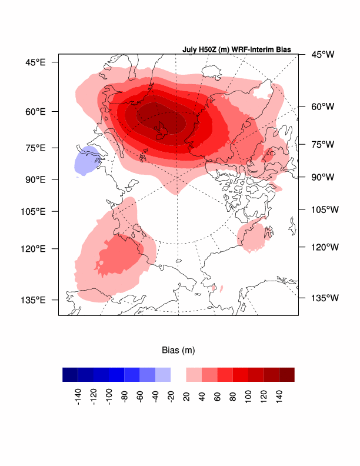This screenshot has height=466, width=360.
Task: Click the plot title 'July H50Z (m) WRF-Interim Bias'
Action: tap(236, 49)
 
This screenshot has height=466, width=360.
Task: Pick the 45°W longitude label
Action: tap(322, 55)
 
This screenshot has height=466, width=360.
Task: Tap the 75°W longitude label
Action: tap(322, 144)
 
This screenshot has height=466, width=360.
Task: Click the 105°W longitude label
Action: tap(325, 209)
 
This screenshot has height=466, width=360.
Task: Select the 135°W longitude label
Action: tap(325, 298)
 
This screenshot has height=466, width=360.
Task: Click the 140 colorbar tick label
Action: tap(279, 394)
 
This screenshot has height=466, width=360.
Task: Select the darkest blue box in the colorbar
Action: tap(71, 374)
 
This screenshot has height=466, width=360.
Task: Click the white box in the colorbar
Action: tap(178, 374)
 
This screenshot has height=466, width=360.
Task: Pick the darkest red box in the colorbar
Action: tap(287, 374)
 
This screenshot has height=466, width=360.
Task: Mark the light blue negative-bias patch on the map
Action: tap(86, 161)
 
